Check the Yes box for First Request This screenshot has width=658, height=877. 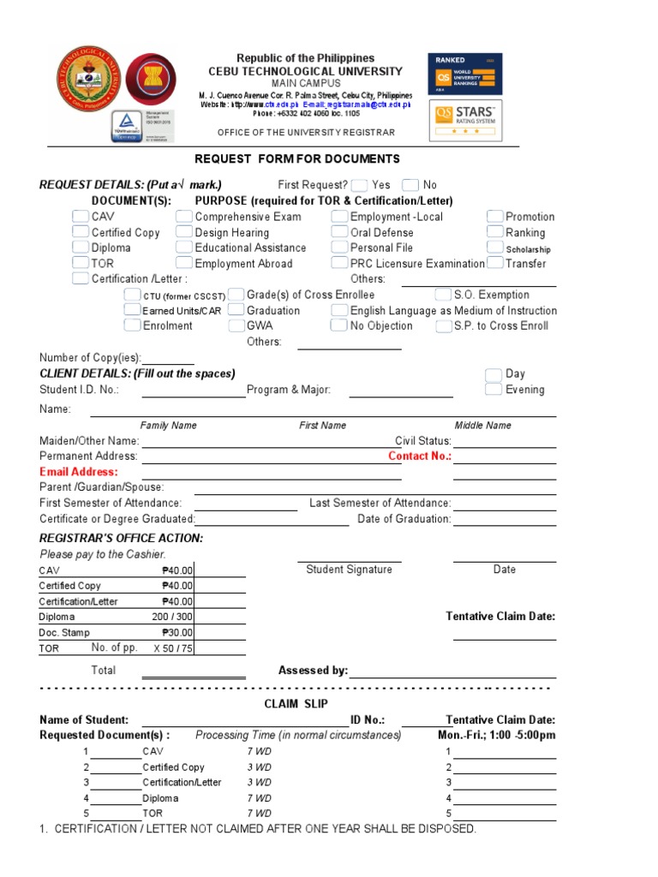tap(360, 185)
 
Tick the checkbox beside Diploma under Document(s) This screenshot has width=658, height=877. tap(80, 248)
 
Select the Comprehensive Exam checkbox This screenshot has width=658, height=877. tap(184, 217)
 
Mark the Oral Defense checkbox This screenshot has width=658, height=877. tap(339, 232)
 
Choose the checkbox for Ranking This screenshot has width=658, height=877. tap(495, 232)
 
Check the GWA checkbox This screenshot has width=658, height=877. tap(236, 325)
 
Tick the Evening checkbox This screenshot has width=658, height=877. tap(493, 390)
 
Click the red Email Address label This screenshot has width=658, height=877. tap(79, 472)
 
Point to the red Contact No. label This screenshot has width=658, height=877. tap(419, 456)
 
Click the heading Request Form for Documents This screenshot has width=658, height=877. tap(297, 159)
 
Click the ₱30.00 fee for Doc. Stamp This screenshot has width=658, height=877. tap(177, 633)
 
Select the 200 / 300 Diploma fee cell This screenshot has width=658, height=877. tap(172, 617)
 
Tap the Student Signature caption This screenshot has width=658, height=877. tap(349, 570)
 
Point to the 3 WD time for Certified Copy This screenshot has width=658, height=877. tap(259, 767)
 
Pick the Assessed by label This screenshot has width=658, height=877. tap(313, 671)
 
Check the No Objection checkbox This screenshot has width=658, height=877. tap(339, 325)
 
